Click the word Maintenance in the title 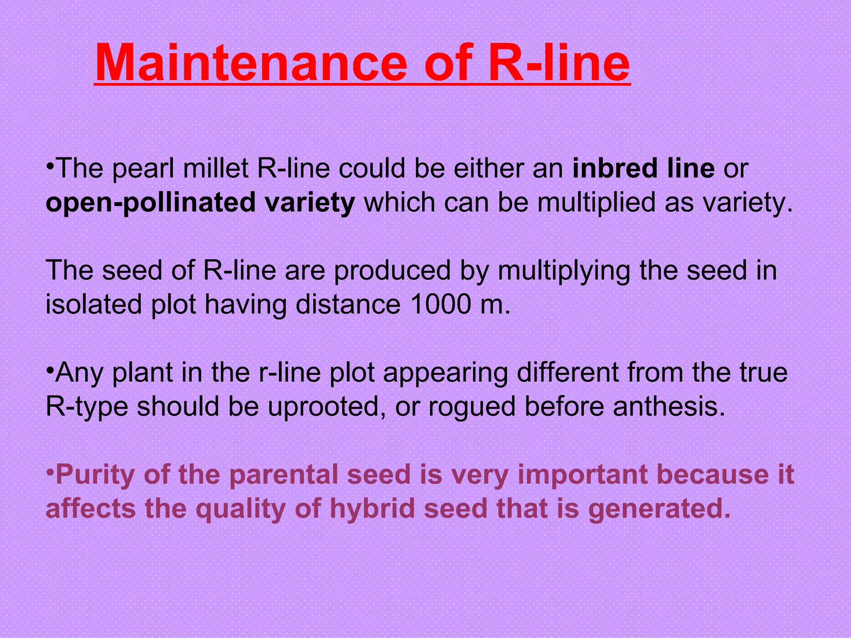pyautogui.click(x=251, y=63)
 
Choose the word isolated pyautogui.click(x=93, y=304)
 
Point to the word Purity pyautogui.click(x=95, y=474)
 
